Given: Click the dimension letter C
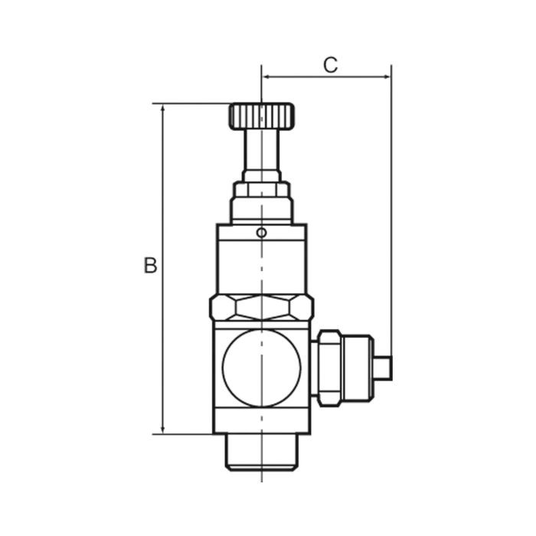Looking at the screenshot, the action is click(x=331, y=65).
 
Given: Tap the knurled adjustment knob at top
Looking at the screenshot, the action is click(x=261, y=116).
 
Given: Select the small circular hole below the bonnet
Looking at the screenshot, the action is click(x=262, y=233).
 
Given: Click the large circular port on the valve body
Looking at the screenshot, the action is click(x=262, y=368).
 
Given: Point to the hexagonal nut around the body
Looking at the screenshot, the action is click(x=262, y=308).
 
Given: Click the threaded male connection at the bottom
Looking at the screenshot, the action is click(x=262, y=452).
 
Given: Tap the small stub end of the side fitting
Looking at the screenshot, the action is click(x=383, y=368).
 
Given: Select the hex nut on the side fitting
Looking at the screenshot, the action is click(x=329, y=368).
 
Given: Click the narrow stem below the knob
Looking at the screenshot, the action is click(x=262, y=150).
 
